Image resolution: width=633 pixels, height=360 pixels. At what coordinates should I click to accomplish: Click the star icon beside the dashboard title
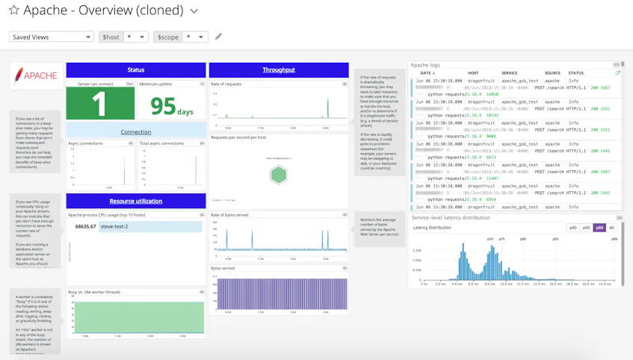(13, 11)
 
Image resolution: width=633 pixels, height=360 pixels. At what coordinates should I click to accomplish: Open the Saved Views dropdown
(51, 37)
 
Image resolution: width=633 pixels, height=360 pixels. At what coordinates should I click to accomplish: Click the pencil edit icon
(218, 37)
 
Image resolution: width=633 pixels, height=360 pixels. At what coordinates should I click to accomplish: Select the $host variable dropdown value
(135, 37)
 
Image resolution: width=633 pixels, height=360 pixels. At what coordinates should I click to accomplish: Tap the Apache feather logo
(35, 75)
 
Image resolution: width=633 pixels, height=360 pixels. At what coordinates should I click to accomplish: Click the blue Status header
(136, 69)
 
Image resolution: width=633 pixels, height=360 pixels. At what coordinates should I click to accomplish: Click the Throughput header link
(279, 69)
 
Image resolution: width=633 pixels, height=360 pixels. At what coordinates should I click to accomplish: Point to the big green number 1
(99, 105)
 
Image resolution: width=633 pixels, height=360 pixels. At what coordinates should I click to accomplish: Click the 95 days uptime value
(172, 106)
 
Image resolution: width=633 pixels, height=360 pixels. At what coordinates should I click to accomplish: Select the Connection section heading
(136, 131)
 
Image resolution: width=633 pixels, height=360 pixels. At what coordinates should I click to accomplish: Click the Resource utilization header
(136, 201)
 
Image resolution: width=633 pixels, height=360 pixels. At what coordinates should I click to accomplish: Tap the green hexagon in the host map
(278, 175)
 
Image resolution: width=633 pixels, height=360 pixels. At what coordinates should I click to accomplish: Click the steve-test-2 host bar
(150, 226)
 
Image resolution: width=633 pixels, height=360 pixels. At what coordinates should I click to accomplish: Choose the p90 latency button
(573, 228)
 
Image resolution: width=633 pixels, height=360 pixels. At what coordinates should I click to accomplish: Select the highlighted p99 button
(599, 228)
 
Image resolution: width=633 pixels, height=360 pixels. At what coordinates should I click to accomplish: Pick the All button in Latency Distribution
(611, 228)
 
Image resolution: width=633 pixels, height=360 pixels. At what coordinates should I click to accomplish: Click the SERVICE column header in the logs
(509, 73)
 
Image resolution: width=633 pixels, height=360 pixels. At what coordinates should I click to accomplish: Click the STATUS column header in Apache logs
(575, 73)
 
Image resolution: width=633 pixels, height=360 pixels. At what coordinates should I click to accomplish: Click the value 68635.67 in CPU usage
(85, 226)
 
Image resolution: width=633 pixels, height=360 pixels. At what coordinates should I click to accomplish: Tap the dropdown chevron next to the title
(194, 11)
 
